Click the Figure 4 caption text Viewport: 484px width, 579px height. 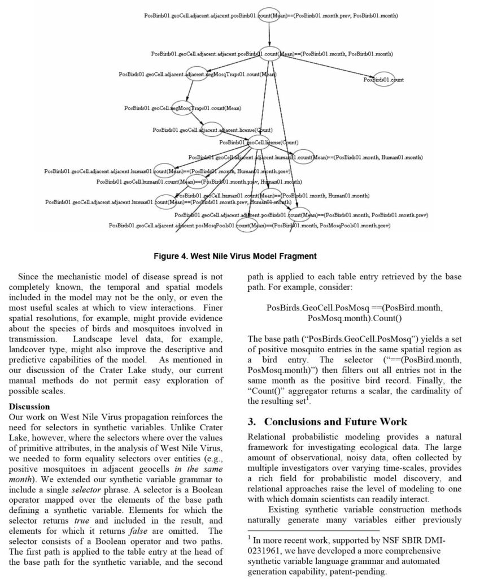[x=236, y=256]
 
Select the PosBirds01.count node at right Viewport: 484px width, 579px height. [x=384, y=80]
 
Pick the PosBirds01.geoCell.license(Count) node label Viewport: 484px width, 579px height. [x=259, y=142]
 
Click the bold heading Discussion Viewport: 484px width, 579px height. [x=29, y=407]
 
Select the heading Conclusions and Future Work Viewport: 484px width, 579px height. [x=335, y=422]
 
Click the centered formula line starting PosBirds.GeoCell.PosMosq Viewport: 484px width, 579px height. [x=355, y=308]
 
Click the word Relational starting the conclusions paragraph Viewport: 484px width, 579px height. [x=270, y=437]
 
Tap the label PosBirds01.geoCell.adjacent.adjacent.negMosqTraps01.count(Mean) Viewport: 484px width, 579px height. [x=197, y=74]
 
